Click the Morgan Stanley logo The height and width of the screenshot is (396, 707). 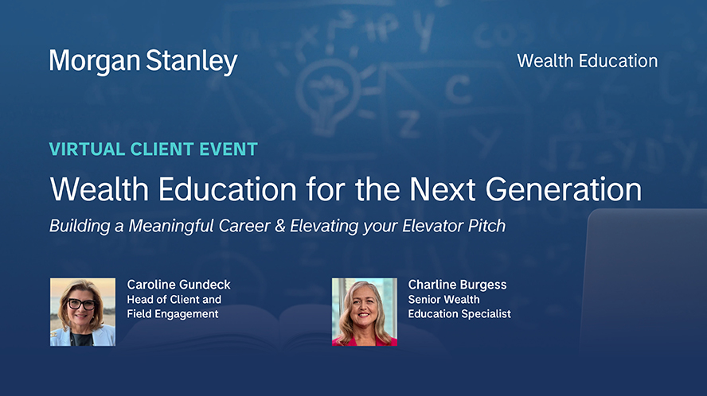[143, 62]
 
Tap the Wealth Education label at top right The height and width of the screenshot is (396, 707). [587, 60]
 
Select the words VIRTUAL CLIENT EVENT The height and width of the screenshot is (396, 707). [154, 149]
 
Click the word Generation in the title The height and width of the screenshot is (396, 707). [563, 189]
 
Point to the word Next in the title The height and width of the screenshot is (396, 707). [443, 189]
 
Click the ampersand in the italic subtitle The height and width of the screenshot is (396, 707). [280, 226]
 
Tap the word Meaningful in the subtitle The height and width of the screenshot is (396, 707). [171, 226]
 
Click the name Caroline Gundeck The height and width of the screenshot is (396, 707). [178, 285]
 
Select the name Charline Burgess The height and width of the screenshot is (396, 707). [457, 285]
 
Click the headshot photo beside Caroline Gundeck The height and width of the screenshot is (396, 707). [83, 312]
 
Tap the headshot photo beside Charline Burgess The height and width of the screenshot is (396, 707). [365, 312]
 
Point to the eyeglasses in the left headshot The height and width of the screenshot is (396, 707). [81, 304]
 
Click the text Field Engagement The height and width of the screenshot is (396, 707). [173, 314]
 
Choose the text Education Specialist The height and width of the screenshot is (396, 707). [459, 314]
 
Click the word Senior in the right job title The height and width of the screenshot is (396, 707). [424, 300]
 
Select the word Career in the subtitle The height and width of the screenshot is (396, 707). [244, 226]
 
